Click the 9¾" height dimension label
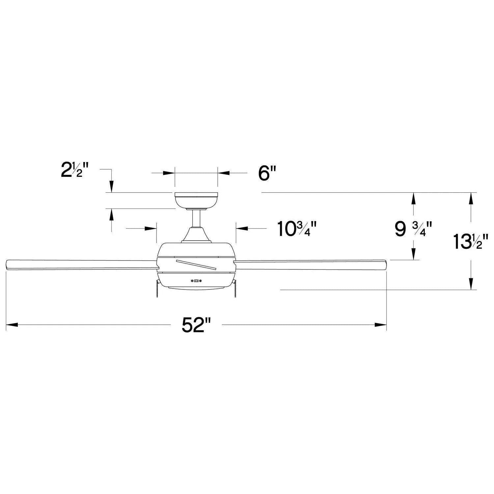pyautogui.click(x=413, y=229)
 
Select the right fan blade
pyautogui.click(x=310, y=264)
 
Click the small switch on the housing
pyautogui.click(x=197, y=281)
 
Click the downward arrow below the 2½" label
pyautogui.click(x=112, y=186)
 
